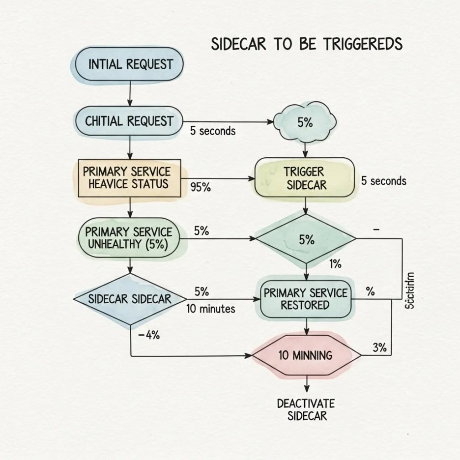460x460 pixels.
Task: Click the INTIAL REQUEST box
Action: point(130,64)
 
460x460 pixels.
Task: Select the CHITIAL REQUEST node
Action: point(129,121)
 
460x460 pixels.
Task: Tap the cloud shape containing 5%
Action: point(305,122)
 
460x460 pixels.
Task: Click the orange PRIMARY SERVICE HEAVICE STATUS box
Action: point(129,178)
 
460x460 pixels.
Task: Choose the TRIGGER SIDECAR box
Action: point(305,178)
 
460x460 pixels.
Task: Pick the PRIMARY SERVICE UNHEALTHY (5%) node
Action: point(129,238)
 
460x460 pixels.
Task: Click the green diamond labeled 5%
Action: point(306,239)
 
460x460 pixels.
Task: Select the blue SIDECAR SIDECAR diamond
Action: point(130,299)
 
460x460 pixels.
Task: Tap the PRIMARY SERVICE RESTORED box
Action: point(306,299)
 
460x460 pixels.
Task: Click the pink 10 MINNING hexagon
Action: point(306,355)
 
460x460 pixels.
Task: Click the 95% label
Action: point(200,187)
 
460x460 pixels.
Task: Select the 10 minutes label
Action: point(210,309)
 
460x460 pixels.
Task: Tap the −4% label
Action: point(149,336)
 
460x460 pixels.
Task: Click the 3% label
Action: point(379,348)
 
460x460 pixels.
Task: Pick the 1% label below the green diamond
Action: point(335,264)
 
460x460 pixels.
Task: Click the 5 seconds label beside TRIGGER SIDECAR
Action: point(384,181)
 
